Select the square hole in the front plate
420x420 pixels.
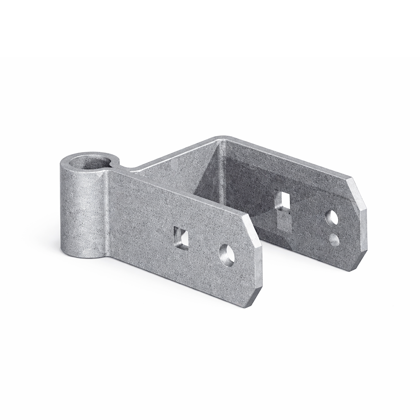click(x=181, y=237)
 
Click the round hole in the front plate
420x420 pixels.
click(x=227, y=255)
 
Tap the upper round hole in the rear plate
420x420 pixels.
click(x=331, y=217)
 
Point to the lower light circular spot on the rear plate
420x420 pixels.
click(x=334, y=240)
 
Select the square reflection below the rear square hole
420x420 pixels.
click(x=284, y=222)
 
